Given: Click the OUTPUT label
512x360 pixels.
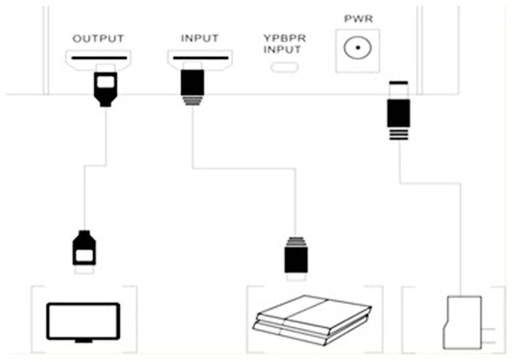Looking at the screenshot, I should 98,38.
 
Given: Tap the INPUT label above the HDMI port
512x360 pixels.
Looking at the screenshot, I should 200,38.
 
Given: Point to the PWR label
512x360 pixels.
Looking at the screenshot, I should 358,19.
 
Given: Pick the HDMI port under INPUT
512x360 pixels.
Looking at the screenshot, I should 200,58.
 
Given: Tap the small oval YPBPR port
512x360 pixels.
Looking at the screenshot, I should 285,67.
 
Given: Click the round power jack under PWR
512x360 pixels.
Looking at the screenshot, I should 358,50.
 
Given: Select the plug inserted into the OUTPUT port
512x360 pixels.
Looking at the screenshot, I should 105,88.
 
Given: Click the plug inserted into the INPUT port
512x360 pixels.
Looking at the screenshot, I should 193,87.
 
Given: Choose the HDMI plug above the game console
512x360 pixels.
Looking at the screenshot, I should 296,256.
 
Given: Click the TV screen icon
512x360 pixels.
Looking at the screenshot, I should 83,321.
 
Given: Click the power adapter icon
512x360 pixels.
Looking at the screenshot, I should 462,323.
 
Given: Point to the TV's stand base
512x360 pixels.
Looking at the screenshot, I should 83,341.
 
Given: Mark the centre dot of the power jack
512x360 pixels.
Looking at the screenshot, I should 358,50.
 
